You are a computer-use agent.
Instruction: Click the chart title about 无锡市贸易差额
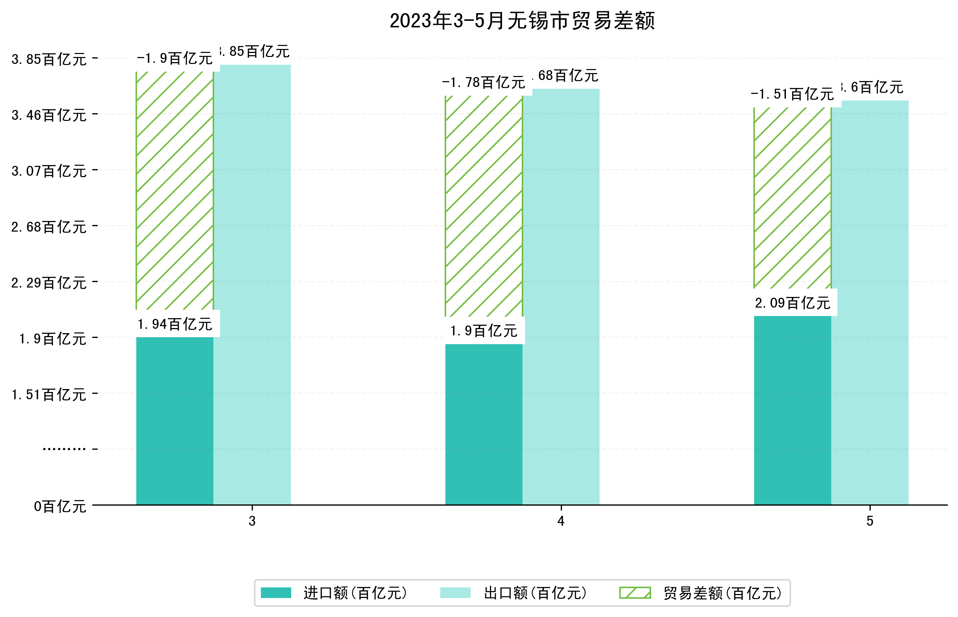click(522, 21)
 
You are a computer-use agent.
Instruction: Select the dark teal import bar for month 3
click(175, 421)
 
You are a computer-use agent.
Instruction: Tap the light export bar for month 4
click(560, 297)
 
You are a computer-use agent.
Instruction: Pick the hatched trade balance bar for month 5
click(792, 198)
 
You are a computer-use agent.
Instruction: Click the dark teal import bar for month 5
click(792, 410)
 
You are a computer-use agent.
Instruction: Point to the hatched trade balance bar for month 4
click(484, 206)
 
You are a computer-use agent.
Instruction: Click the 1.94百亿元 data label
click(175, 324)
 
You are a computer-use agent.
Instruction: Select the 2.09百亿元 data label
click(792, 303)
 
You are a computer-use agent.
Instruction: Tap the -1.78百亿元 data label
click(484, 83)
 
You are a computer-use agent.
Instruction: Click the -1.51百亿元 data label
click(792, 94)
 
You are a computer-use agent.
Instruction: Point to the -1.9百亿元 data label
click(175, 58)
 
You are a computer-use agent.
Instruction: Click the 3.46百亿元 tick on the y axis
click(49, 115)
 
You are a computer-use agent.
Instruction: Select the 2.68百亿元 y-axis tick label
click(49, 227)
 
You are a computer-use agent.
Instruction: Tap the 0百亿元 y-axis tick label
click(60, 506)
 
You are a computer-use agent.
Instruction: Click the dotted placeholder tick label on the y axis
click(64, 449)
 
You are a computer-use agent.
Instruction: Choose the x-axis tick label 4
click(560, 521)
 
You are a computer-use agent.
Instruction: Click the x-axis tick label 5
click(870, 521)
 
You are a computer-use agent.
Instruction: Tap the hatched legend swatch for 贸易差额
click(635, 593)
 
